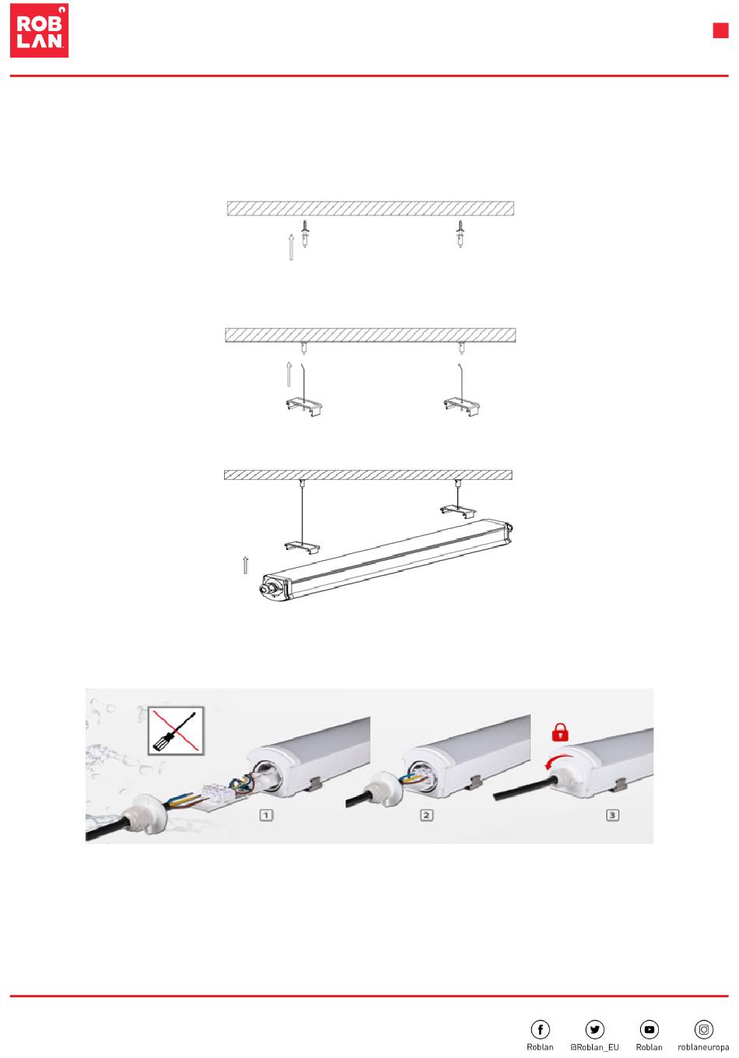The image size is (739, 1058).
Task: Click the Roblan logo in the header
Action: pyautogui.click(x=39, y=30)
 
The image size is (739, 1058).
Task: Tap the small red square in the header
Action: pyautogui.click(x=720, y=30)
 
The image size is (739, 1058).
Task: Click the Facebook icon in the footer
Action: pyautogui.click(x=540, y=1029)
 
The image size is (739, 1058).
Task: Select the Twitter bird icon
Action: pyautogui.click(x=594, y=1029)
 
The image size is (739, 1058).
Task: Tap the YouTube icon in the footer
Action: pyautogui.click(x=650, y=1029)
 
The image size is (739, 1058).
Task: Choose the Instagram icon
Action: pyautogui.click(x=703, y=1029)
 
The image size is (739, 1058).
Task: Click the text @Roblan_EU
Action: pyautogui.click(x=594, y=1047)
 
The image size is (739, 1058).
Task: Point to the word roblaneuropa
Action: pyautogui.click(x=703, y=1047)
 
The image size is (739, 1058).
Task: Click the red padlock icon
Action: pyautogui.click(x=560, y=732)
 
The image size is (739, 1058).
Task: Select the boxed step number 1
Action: pyautogui.click(x=266, y=815)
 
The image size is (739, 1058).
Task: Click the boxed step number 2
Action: pyautogui.click(x=426, y=815)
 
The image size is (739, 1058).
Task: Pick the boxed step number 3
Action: pyautogui.click(x=612, y=815)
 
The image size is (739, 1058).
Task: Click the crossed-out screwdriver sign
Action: pyautogui.click(x=176, y=730)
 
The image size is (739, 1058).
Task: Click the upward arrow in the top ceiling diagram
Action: pyautogui.click(x=292, y=247)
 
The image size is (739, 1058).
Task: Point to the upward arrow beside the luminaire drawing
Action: pyautogui.click(x=246, y=566)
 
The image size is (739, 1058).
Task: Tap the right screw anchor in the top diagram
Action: pyautogui.click(x=460, y=234)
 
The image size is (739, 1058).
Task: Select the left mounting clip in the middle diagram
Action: pyautogui.click(x=304, y=406)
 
